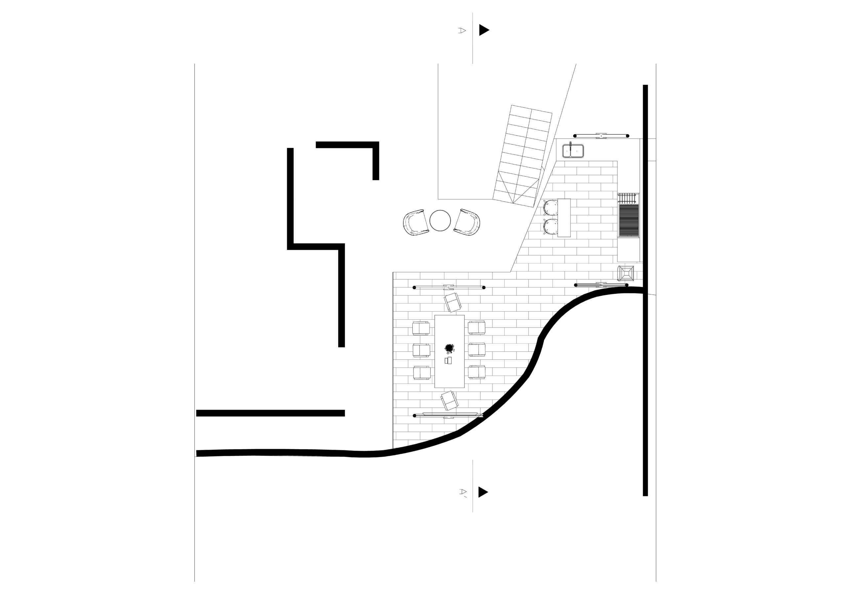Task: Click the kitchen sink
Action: tap(573, 151)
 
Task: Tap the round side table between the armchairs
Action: tap(440, 221)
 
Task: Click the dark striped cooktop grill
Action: tap(629, 221)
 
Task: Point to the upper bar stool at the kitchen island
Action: tap(551, 207)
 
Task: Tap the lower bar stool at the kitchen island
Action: tap(551, 227)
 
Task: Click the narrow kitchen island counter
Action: tap(564, 218)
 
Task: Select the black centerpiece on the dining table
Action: tap(449, 348)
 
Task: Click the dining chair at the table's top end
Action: tap(453, 302)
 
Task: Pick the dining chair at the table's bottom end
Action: tap(449, 401)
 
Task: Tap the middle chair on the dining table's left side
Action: tap(421, 350)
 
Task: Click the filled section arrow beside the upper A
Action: tap(484, 30)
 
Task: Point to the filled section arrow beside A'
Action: tap(483, 492)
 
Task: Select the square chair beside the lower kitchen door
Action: tap(626, 273)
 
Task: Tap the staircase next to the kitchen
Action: tap(522, 156)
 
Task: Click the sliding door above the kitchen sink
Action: tap(602, 136)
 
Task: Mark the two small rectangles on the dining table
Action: tap(448, 361)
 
